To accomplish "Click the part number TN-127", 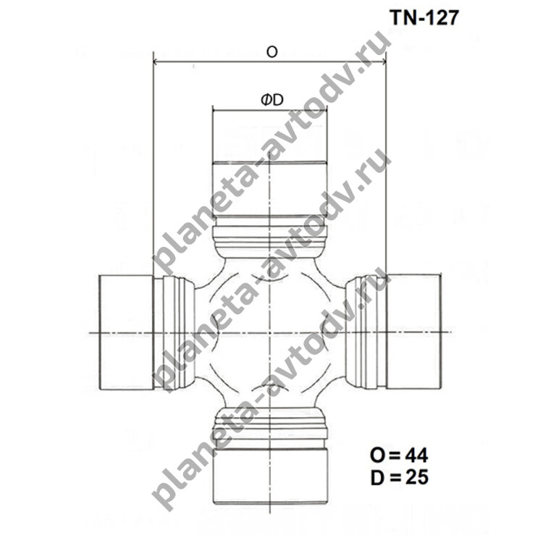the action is tap(424, 17).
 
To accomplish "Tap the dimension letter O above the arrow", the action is tap(271, 52).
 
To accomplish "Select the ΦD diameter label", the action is tap(272, 100).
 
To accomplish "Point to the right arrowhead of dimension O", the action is tap(383, 62).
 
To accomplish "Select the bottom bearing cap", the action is tap(270, 476).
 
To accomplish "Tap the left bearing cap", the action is tap(126, 332).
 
